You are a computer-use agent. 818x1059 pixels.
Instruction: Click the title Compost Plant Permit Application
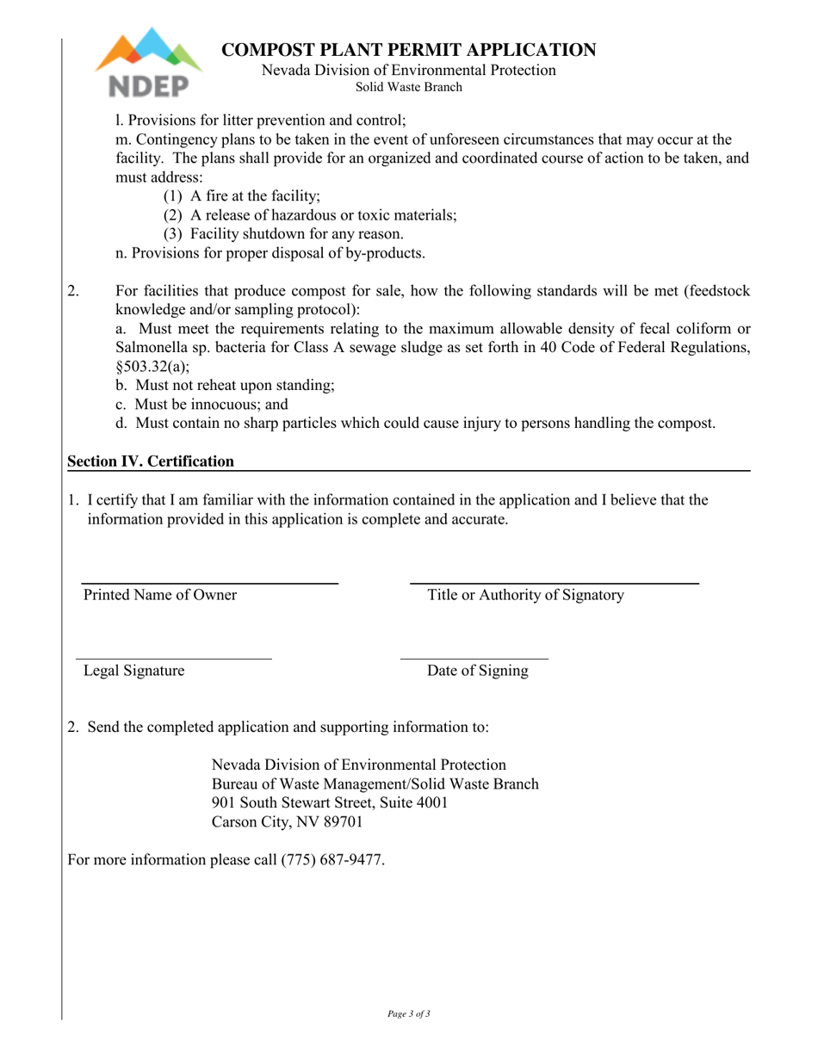click(409, 50)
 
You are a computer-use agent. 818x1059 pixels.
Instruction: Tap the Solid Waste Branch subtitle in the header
click(409, 87)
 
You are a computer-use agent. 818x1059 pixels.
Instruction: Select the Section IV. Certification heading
click(151, 461)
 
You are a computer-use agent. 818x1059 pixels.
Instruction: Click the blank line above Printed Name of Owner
click(209, 583)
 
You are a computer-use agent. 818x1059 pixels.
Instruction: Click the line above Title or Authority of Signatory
click(554, 583)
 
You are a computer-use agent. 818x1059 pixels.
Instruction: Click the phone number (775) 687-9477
click(332, 860)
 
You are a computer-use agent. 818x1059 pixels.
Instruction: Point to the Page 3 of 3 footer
click(409, 1013)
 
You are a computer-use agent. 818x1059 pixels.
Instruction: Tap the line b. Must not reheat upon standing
click(225, 386)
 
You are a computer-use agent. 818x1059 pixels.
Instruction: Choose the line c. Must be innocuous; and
click(201, 405)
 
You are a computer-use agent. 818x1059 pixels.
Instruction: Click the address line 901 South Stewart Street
click(330, 803)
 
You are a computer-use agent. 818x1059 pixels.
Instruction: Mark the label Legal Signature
click(133, 672)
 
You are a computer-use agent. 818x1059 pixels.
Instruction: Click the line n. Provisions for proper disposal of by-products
click(270, 253)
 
